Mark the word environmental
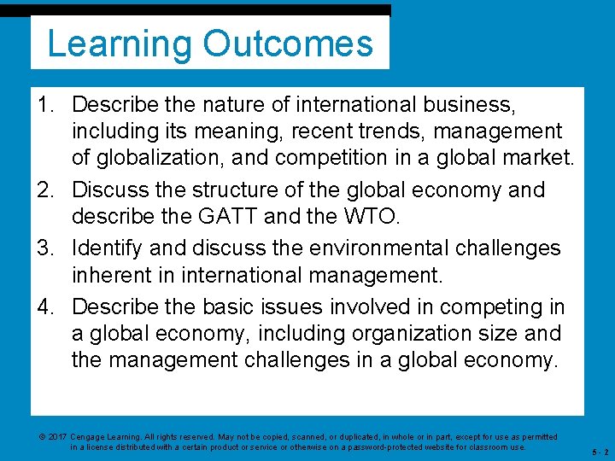(364, 248)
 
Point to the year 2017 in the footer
(57, 436)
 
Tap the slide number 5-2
(600, 451)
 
